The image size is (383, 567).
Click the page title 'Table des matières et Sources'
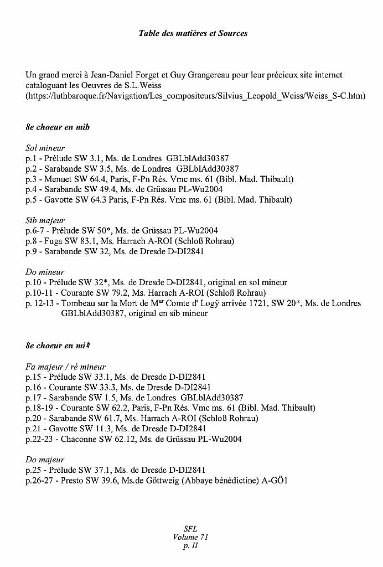(193, 33)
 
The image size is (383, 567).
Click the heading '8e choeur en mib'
(58, 127)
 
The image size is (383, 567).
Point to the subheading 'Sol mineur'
(45, 148)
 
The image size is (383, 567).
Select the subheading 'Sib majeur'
(45, 220)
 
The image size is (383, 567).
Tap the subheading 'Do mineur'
(45, 272)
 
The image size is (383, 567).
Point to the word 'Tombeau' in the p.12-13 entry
(77, 303)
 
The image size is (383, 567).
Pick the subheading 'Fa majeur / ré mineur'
(65, 367)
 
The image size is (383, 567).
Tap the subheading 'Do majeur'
(45, 460)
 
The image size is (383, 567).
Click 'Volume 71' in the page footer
(190, 537)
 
